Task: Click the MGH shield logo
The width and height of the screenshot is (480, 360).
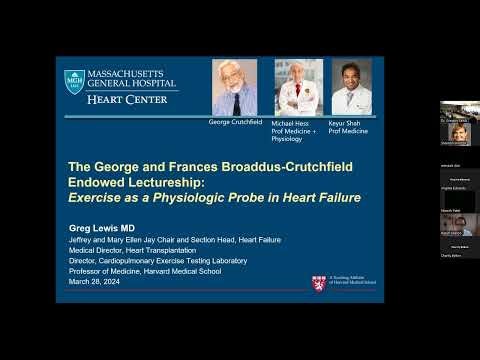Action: [74, 83]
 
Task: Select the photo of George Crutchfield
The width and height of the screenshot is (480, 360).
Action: [234, 87]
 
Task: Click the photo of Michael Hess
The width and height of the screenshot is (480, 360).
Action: [299, 87]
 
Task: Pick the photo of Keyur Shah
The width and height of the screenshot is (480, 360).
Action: [352, 87]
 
